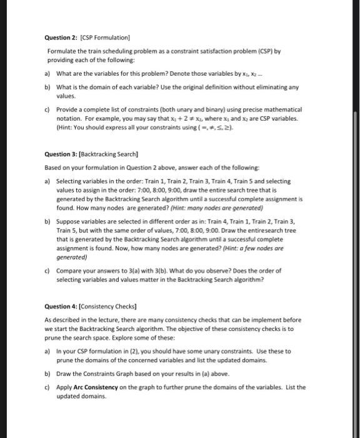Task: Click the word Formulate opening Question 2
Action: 61,50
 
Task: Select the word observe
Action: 221,272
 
